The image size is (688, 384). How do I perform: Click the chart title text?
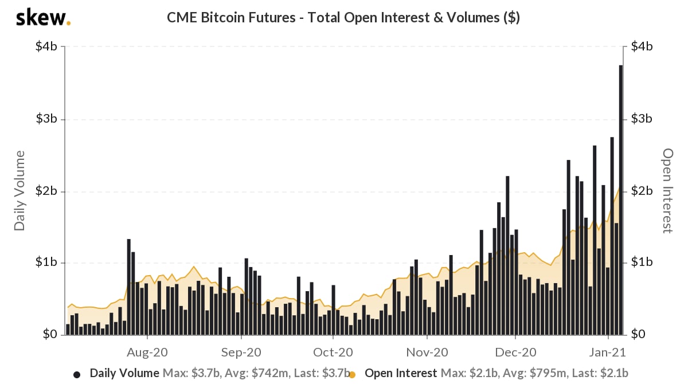343,17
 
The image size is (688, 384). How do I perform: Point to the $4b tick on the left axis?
46,47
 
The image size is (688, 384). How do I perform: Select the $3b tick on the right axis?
642,119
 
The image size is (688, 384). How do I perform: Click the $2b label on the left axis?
46,191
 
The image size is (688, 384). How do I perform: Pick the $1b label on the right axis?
642,262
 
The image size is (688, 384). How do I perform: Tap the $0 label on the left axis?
50,334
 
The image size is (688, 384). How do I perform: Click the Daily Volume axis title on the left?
20,191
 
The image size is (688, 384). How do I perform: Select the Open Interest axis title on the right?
667,191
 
